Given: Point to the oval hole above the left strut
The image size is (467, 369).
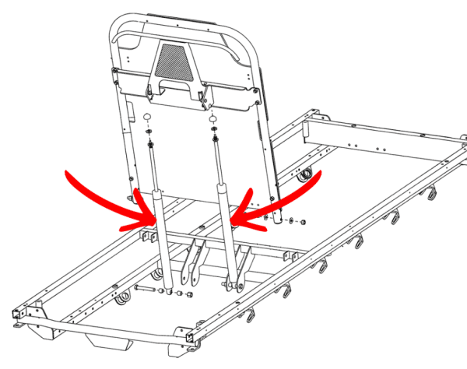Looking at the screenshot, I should [x=146, y=117].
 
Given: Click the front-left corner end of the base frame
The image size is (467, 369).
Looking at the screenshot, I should [x=15, y=316].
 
